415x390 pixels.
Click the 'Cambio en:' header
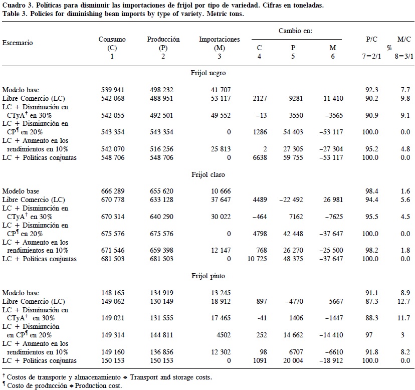(x=296, y=31)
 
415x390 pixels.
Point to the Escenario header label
(x=18, y=43)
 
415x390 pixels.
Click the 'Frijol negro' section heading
(x=208, y=73)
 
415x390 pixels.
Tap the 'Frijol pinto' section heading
(x=208, y=276)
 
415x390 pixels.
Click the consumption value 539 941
(x=112, y=90)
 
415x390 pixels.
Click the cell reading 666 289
(x=112, y=191)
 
